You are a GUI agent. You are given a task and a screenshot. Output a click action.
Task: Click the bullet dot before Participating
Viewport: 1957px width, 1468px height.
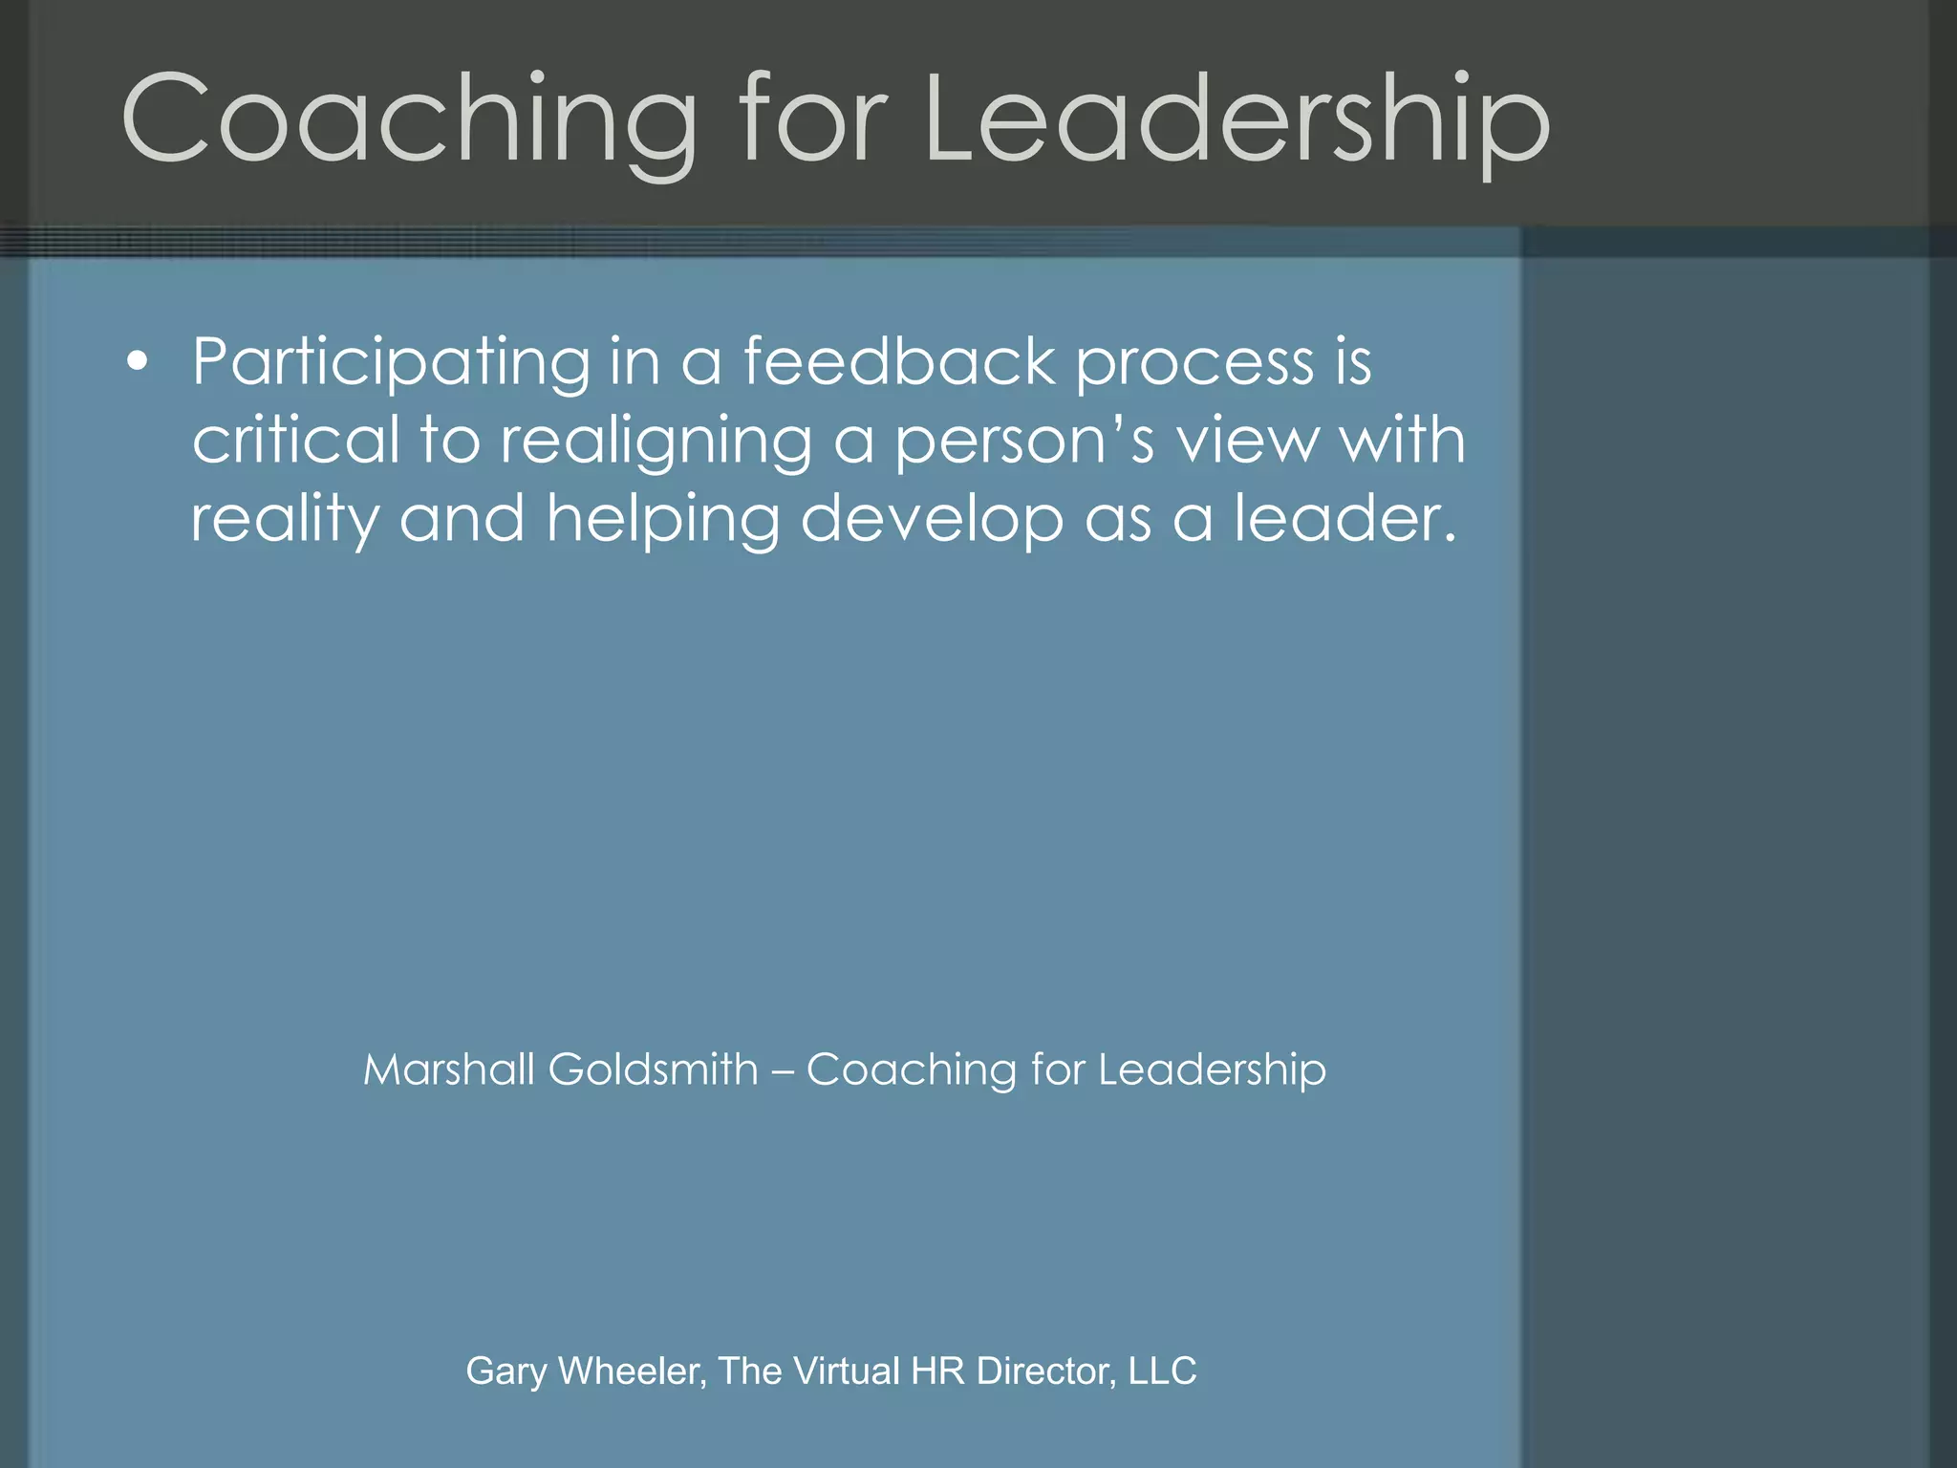click(x=139, y=362)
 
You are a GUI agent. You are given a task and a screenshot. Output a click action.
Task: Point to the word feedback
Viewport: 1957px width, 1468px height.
click(x=898, y=362)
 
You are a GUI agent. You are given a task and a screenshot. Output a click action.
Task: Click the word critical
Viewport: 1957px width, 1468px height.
click(x=295, y=441)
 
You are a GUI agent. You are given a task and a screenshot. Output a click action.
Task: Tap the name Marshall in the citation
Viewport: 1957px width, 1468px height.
click(x=448, y=1069)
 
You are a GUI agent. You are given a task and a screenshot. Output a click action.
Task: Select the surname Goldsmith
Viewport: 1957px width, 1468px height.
click(x=653, y=1069)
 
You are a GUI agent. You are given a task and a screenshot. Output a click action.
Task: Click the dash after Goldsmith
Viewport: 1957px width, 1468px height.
click(x=782, y=1071)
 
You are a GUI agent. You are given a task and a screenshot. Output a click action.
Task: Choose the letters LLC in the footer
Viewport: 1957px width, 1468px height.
click(x=1162, y=1371)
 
